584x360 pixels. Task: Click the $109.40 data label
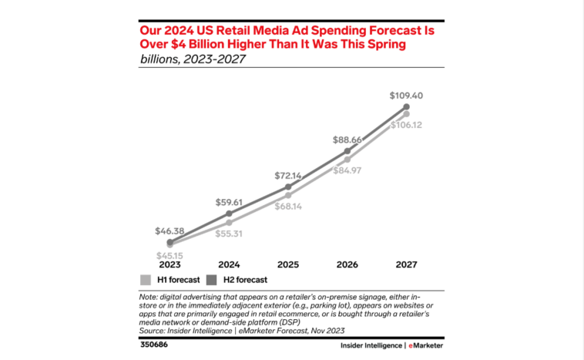click(407, 96)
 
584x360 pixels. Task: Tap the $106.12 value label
click(407, 125)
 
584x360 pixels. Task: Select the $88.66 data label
click(347, 140)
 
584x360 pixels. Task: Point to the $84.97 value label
click(348, 170)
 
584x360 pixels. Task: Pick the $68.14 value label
click(288, 206)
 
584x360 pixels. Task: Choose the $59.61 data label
click(229, 203)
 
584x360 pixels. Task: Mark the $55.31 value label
click(229, 233)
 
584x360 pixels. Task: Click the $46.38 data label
click(169, 230)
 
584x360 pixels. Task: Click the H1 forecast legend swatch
click(145, 280)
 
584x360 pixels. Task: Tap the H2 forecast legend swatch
click(212, 280)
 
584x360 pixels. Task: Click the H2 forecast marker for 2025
click(288, 187)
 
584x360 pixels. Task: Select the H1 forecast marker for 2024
click(229, 222)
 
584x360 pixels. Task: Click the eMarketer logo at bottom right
click(427, 345)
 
